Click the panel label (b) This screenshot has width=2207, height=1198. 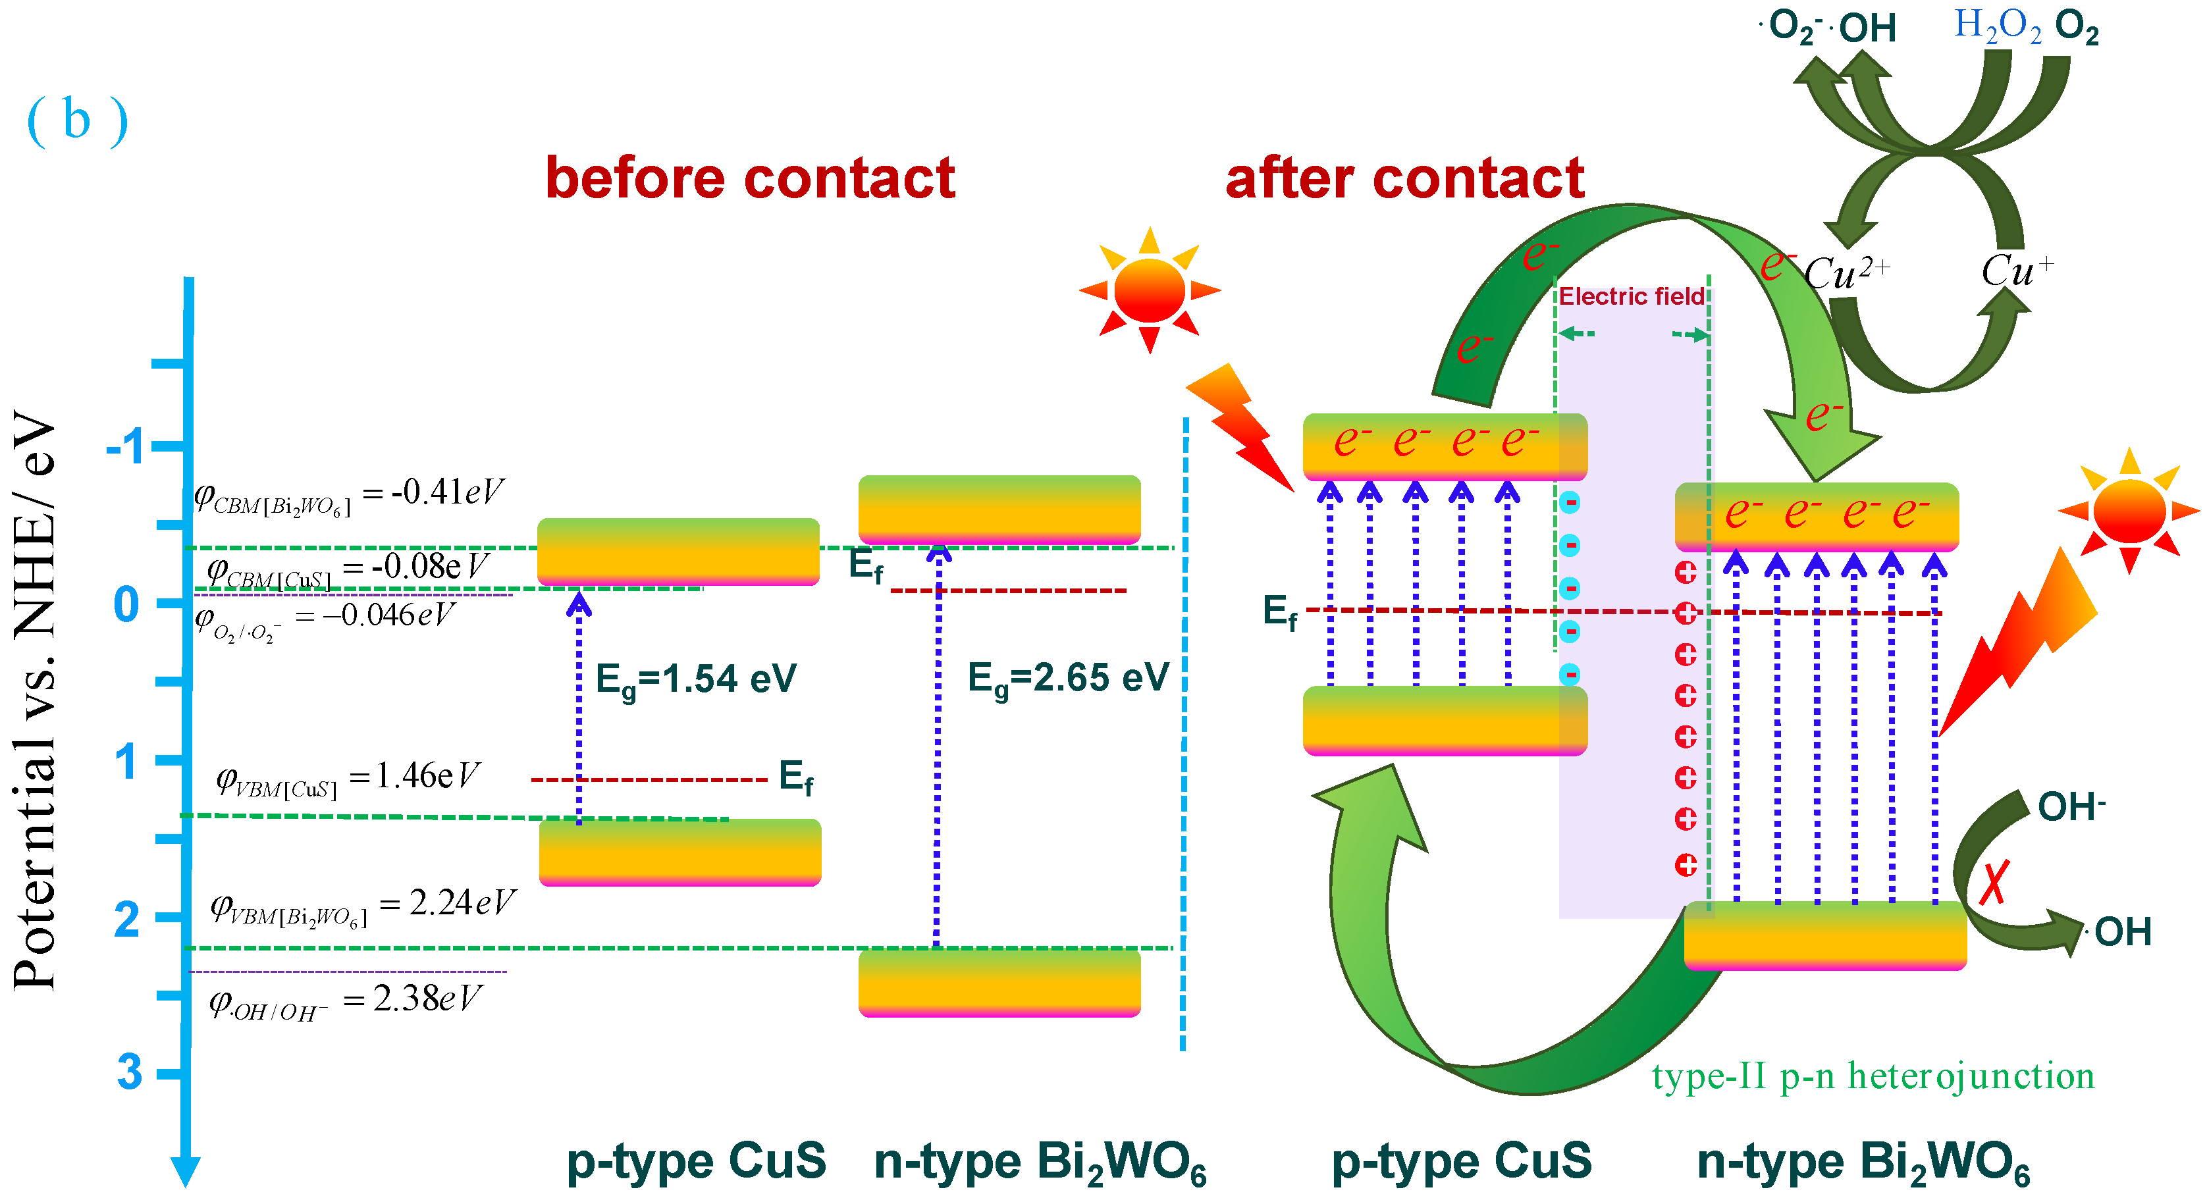click(x=77, y=120)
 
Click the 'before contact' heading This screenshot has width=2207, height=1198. click(x=750, y=178)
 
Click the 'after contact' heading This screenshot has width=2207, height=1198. click(x=1405, y=178)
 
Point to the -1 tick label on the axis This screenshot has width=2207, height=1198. click(x=126, y=446)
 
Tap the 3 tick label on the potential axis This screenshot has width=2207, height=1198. click(x=128, y=1072)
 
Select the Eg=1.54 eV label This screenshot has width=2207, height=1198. click(x=696, y=680)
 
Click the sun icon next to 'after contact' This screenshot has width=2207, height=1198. click(x=1149, y=290)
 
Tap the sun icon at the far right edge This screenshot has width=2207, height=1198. click(x=2129, y=511)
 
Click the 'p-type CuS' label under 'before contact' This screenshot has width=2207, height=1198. click(x=696, y=1161)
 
